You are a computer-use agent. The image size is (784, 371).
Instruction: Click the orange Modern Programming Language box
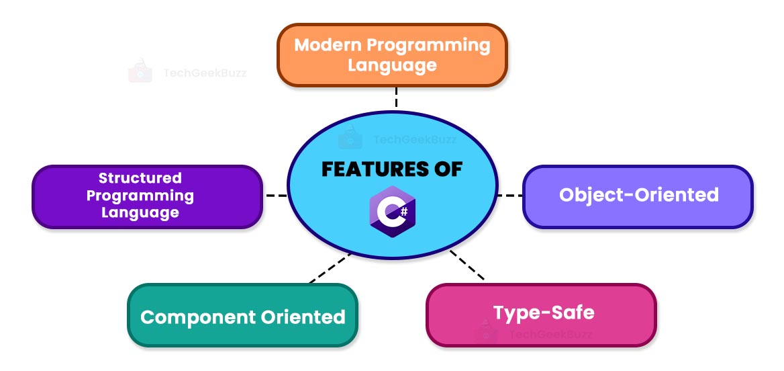[x=392, y=55]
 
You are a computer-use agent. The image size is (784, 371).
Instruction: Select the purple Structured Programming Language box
[x=147, y=196]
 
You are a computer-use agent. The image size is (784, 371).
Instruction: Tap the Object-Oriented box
[x=638, y=196]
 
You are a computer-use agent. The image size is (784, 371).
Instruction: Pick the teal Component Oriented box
[x=242, y=316]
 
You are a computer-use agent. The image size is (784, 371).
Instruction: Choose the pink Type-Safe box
[x=541, y=315]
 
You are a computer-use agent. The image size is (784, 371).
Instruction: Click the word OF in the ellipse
[x=443, y=169]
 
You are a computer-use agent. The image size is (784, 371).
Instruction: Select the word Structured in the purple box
[x=140, y=178]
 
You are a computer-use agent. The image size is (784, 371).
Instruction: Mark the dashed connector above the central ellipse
[x=396, y=98]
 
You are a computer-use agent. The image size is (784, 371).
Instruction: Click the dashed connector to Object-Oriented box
[x=509, y=196]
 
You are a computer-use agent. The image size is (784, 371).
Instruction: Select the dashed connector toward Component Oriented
[x=329, y=267]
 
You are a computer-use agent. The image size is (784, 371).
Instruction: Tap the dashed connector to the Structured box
[x=276, y=196]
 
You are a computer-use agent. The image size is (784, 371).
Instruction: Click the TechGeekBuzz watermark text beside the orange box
[x=205, y=73]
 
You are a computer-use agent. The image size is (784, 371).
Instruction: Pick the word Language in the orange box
[x=393, y=65]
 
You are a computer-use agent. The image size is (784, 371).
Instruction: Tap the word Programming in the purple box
[x=140, y=196]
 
